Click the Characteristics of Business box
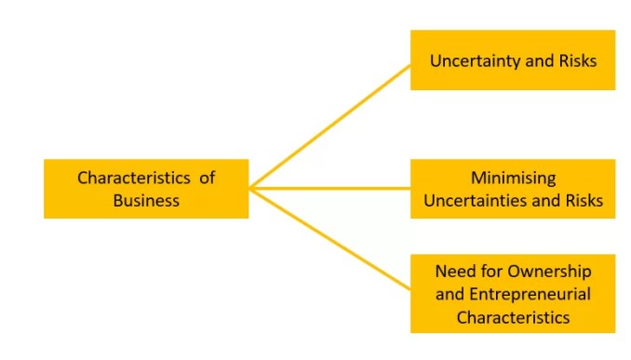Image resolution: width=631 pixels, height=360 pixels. pos(146,188)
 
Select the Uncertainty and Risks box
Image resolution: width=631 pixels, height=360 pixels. pos(512,60)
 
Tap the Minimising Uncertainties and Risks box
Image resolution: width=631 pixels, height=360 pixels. pos(512,188)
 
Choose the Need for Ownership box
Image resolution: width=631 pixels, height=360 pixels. pos(512,293)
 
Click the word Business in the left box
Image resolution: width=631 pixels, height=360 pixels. pos(146,200)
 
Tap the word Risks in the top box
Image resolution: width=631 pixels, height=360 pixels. pos(575,60)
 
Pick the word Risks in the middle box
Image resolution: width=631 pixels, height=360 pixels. pos(583,200)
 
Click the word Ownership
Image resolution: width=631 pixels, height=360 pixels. pos(545,272)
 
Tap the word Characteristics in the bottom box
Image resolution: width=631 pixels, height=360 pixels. pos(512,316)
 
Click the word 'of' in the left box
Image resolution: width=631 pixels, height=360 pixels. pos(207,177)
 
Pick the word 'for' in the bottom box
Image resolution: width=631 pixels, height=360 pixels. pos(490,272)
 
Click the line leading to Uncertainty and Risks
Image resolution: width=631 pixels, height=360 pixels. pos(330,127)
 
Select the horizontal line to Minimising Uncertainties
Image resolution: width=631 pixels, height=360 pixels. pos(330,188)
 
